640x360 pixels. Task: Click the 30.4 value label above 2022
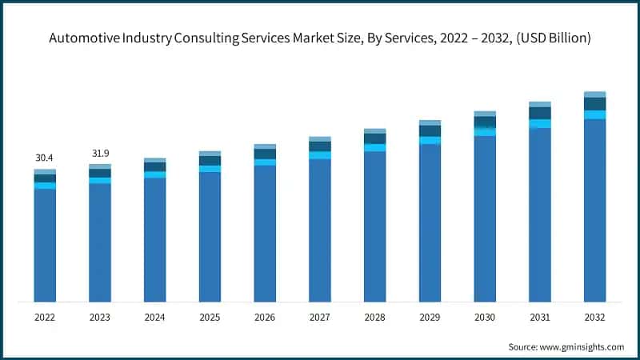coord(45,158)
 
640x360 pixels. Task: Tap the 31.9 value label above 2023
coord(100,154)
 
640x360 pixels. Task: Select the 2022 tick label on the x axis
coord(45,317)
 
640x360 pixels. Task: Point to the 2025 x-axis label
coord(210,317)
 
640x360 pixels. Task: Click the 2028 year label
coord(374,317)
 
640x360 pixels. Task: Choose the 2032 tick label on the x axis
coord(594,317)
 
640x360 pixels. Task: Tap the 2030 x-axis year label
coord(485,317)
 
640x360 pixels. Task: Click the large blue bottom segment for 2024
coord(155,240)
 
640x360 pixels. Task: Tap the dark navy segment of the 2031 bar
coord(540,113)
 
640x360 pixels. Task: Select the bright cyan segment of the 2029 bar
coord(430,140)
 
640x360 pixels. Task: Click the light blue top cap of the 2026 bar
coord(265,146)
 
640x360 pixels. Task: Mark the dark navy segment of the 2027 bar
coord(320,146)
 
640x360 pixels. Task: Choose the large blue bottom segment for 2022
coord(45,245)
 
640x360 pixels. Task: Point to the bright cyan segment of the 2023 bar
coord(100,180)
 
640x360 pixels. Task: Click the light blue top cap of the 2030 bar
coord(485,114)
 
